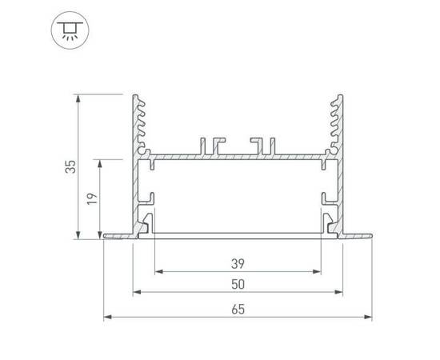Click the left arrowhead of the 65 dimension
pyautogui.click(x=108, y=318)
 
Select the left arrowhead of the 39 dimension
pyautogui.click(x=157, y=271)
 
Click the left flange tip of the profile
pyautogui.click(x=106, y=236)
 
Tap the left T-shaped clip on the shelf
pyautogui.click(x=214, y=145)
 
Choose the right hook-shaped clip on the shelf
pyautogui.click(x=260, y=145)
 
